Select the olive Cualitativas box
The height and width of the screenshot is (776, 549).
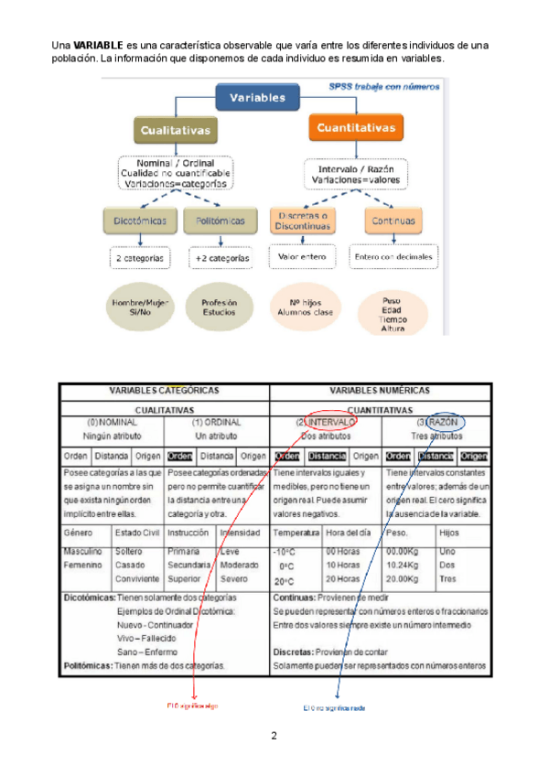175,130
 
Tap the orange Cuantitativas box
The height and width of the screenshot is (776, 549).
355,128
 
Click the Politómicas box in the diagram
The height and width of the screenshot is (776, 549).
221,221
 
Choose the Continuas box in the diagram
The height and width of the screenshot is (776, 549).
393,221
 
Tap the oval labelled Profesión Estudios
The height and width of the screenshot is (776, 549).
219,307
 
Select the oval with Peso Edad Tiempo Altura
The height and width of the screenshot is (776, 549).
393,312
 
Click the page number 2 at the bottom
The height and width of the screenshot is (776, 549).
274,735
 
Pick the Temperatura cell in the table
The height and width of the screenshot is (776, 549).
296,532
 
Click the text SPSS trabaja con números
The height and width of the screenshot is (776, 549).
384,87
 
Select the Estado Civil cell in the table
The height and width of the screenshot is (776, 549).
135,532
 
